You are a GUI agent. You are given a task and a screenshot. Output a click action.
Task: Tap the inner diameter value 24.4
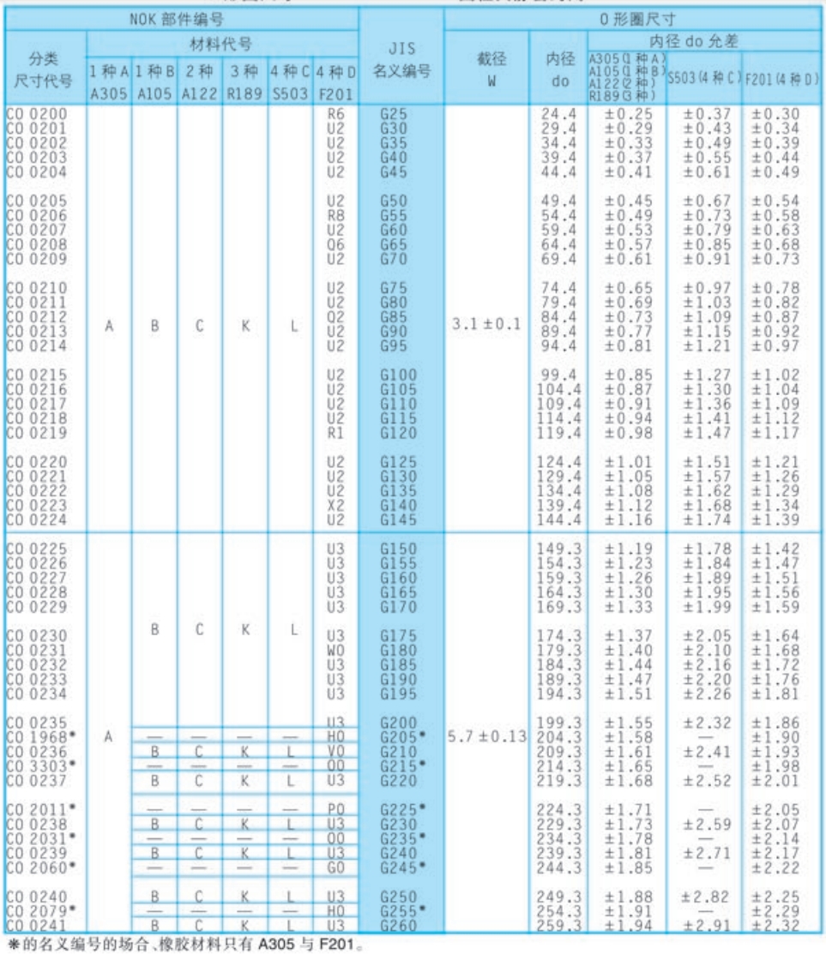pos(556,112)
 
